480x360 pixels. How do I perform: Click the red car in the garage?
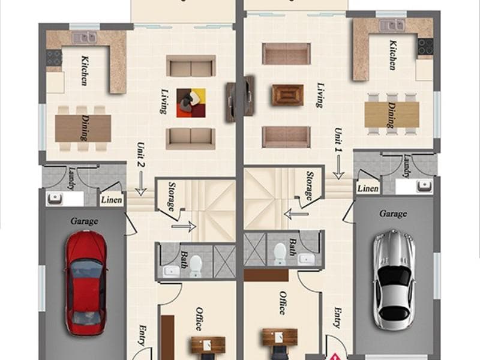pos(86,283)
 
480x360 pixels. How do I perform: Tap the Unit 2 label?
pos(141,155)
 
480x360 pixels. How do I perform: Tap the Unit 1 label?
pos(338,140)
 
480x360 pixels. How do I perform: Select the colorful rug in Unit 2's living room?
pos(191,103)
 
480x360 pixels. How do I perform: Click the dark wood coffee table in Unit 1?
pos(288,95)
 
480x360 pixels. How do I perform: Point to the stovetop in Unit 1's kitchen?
pos(425,47)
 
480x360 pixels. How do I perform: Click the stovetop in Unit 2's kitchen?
pos(54,58)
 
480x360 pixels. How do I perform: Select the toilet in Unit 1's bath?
pos(280,253)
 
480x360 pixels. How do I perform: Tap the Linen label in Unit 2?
pos(112,200)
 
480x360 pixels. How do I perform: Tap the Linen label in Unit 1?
pos(368,188)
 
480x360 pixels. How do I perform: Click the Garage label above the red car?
pos(84,221)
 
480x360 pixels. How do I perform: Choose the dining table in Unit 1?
pos(392,115)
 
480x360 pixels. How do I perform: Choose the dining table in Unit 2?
pos(83,128)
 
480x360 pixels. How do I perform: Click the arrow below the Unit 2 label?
pos(141,184)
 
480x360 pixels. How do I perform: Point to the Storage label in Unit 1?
pos(310,185)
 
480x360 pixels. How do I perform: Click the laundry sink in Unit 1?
pos(425,186)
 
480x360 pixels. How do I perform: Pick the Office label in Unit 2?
pos(199,319)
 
